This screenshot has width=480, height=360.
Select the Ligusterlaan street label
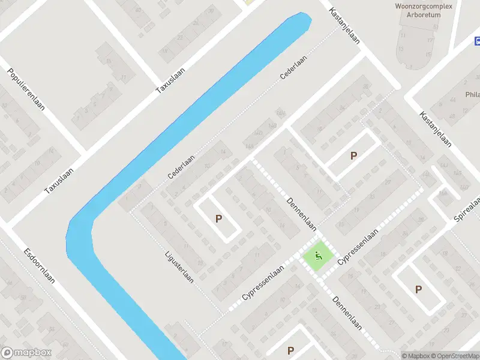[x=179, y=266]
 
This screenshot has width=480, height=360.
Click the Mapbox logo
[x=26, y=353]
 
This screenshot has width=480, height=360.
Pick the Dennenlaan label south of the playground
[x=347, y=313]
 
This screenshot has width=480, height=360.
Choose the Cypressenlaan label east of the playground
[x=358, y=247]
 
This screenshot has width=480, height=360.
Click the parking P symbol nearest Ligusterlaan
[x=218, y=219]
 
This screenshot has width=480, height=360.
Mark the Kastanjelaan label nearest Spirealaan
[x=436, y=130]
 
